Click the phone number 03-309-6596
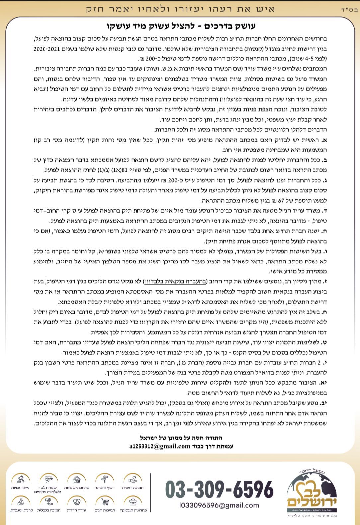(219, 489)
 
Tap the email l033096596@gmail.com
(219, 505)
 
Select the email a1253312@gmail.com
(160, 446)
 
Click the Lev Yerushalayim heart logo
(312, 491)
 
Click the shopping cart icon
(105, 501)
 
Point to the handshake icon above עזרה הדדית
(76, 501)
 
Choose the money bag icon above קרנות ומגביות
(20, 501)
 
